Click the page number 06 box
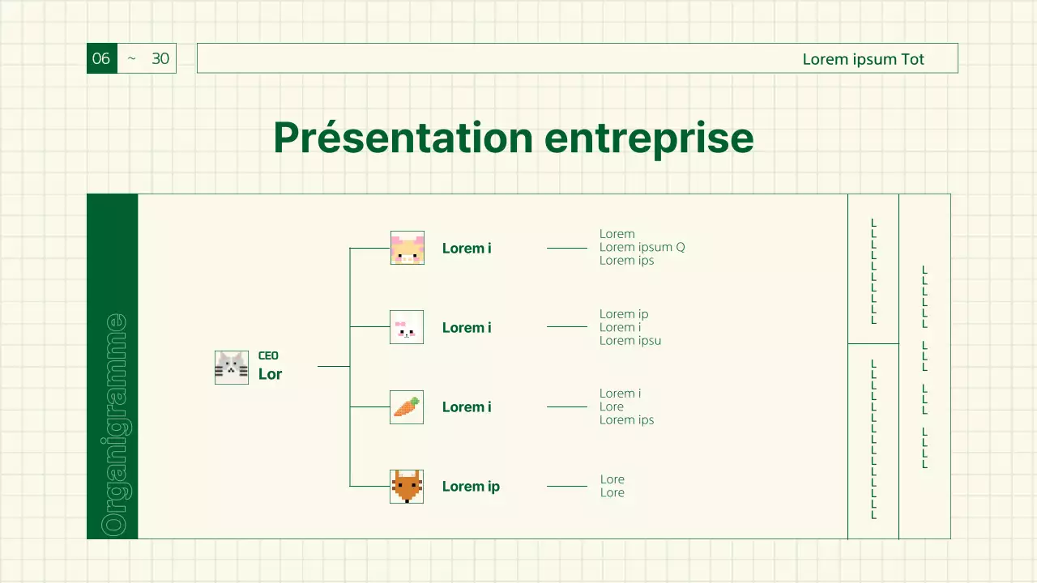tap(102, 58)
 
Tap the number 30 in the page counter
tap(160, 59)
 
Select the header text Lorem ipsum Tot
tap(863, 59)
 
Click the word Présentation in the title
tap(403, 138)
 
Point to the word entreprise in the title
tap(649, 139)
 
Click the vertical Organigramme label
tap(113, 425)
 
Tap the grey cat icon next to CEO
tap(232, 368)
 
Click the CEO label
tap(268, 355)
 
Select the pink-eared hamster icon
tap(408, 248)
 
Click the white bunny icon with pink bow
tap(407, 327)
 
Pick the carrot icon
tap(407, 407)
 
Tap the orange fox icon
tap(407, 487)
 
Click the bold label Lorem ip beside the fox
tap(471, 487)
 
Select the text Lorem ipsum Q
tap(642, 247)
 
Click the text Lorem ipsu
tap(630, 341)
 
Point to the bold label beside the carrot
tap(467, 407)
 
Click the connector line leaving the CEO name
tap(333, 367)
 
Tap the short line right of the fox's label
tap(567, 487)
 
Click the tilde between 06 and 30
tap(131, 58)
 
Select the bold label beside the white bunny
tap(467, 328)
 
